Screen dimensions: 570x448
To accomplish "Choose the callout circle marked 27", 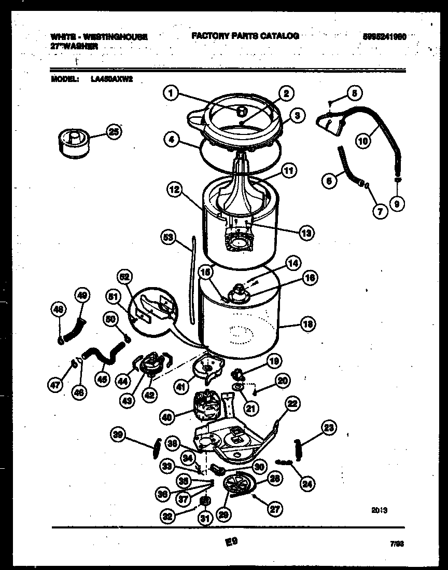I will (275, 509).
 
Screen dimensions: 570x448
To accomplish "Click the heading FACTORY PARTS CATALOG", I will (245, 36).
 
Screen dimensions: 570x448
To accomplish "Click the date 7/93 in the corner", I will (397, 544).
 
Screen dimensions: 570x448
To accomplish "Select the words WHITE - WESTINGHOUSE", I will (99, 37).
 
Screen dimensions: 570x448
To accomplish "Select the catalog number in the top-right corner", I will (384, 36).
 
